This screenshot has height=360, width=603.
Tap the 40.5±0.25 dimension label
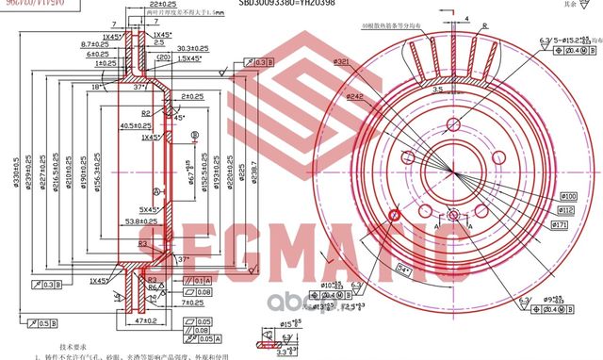point(136,125)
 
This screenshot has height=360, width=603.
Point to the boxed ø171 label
point(558,227)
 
